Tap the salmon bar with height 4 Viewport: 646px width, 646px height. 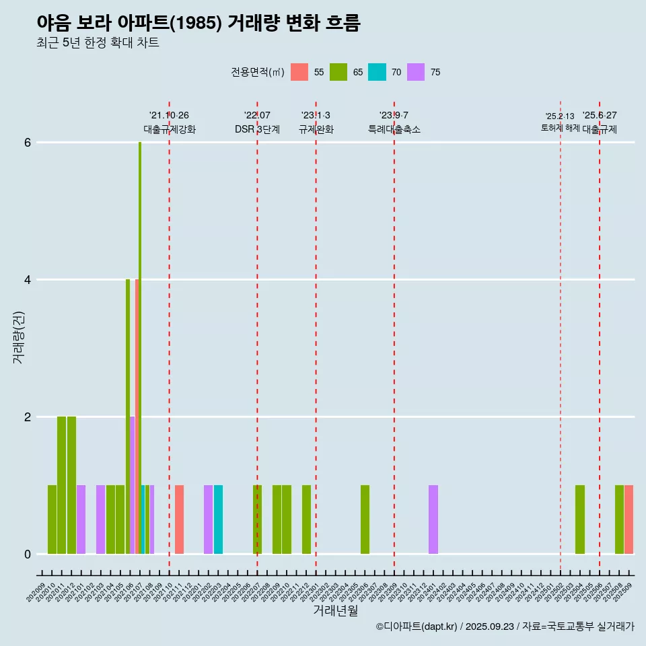coord(137,417)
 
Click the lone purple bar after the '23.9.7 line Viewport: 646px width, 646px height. coord(433,519)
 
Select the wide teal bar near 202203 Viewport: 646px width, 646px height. coord(218,519)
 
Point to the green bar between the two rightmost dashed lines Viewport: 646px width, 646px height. coord(580,519)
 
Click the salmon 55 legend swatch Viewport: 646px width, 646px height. coord(299,72)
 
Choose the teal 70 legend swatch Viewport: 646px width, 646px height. coord(378,72)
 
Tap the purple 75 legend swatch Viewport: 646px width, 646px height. coord(417,72)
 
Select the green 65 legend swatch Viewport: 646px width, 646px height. coord(338,72)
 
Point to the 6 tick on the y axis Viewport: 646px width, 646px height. coord(28,143)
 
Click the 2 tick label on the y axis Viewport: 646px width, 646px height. coord(28,417)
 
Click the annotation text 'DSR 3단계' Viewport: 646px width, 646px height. coord(257,129)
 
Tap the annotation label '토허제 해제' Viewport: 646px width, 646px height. coord(561,128)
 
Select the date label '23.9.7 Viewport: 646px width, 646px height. coord(394,116)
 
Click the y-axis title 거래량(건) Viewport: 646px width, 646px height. coord(18,336)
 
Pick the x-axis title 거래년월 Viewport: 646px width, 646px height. coord(335,610)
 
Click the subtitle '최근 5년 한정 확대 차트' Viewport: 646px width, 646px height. coord(98,43)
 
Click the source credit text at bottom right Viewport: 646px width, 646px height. coord(505,626)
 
